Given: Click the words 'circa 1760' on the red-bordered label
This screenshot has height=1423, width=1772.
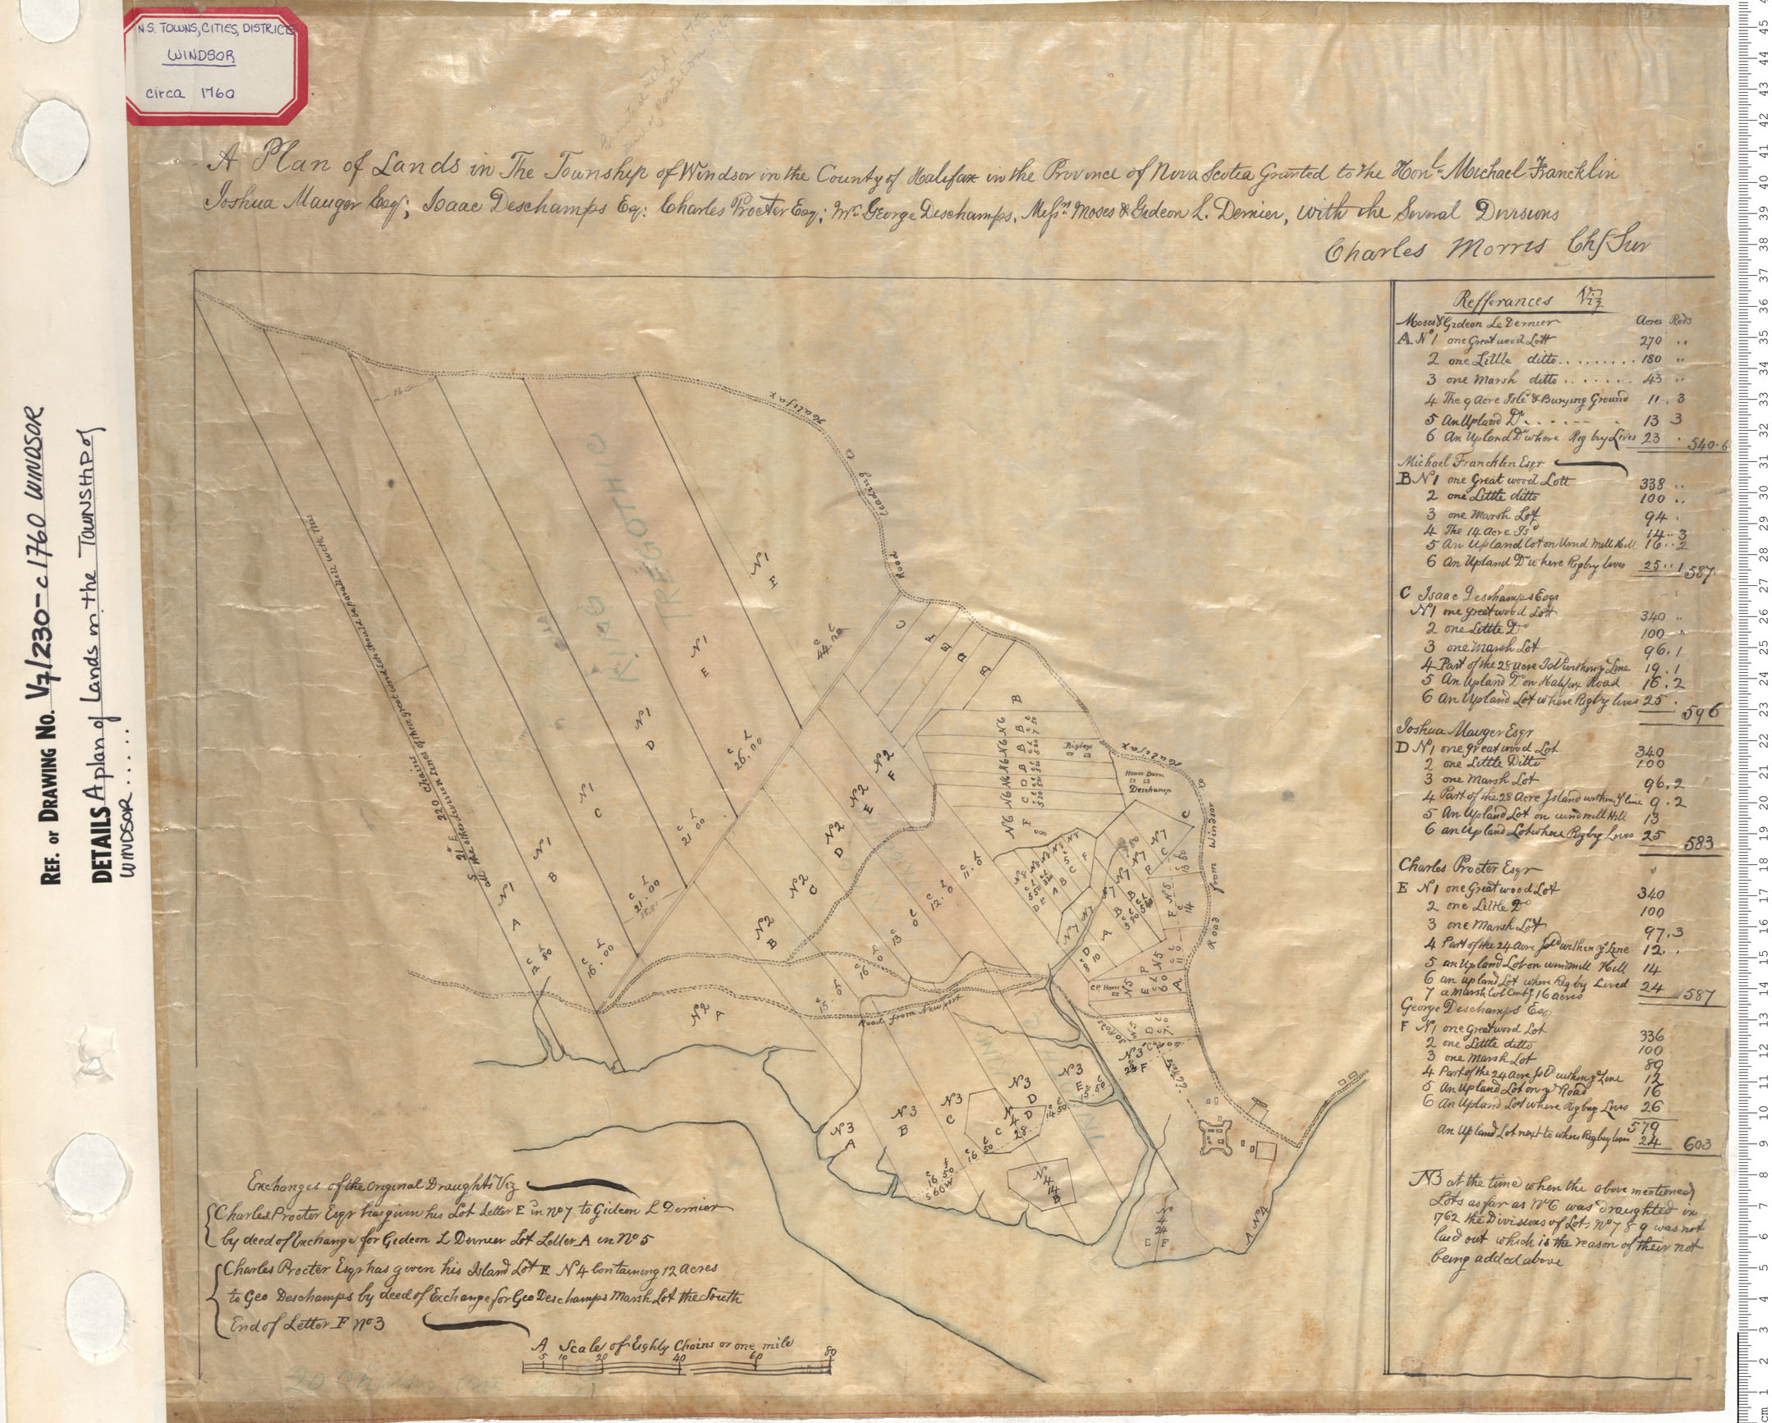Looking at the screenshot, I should point(187,93).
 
